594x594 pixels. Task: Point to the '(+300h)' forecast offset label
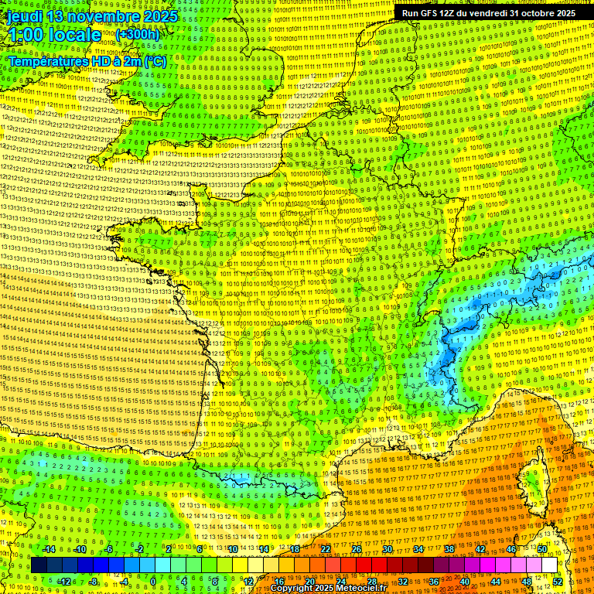point(137,34)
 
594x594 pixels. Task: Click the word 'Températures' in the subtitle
point(47,60)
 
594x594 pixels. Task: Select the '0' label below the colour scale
point(154,581)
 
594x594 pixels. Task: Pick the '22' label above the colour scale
point(326,549)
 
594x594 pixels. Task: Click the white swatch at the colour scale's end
point(549,565)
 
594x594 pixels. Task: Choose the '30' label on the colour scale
point(387,549)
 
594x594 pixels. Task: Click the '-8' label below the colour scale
point(93,581)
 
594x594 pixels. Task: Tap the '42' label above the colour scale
point(480,549)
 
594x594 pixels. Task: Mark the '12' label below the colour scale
point(247,581)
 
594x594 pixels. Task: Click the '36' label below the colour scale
point(434,581)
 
